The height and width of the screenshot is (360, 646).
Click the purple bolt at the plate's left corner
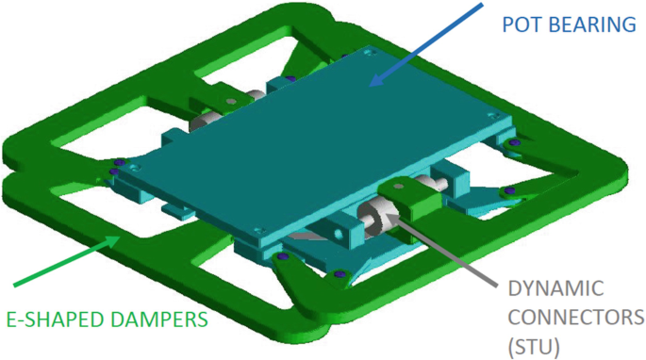(x=117, y=164)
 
